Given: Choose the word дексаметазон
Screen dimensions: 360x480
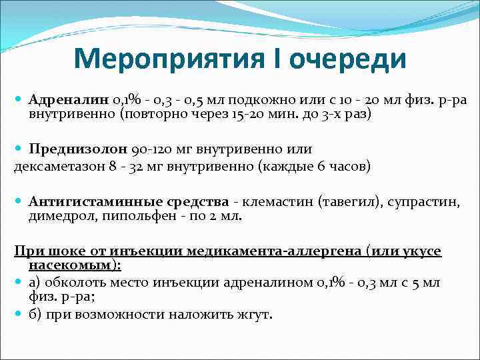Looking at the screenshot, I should (59, 165).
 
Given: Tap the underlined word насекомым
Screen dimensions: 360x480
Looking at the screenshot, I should (73, 265).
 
